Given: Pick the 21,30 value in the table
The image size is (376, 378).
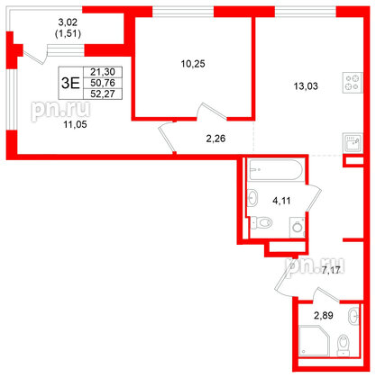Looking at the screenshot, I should pos(102,72).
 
